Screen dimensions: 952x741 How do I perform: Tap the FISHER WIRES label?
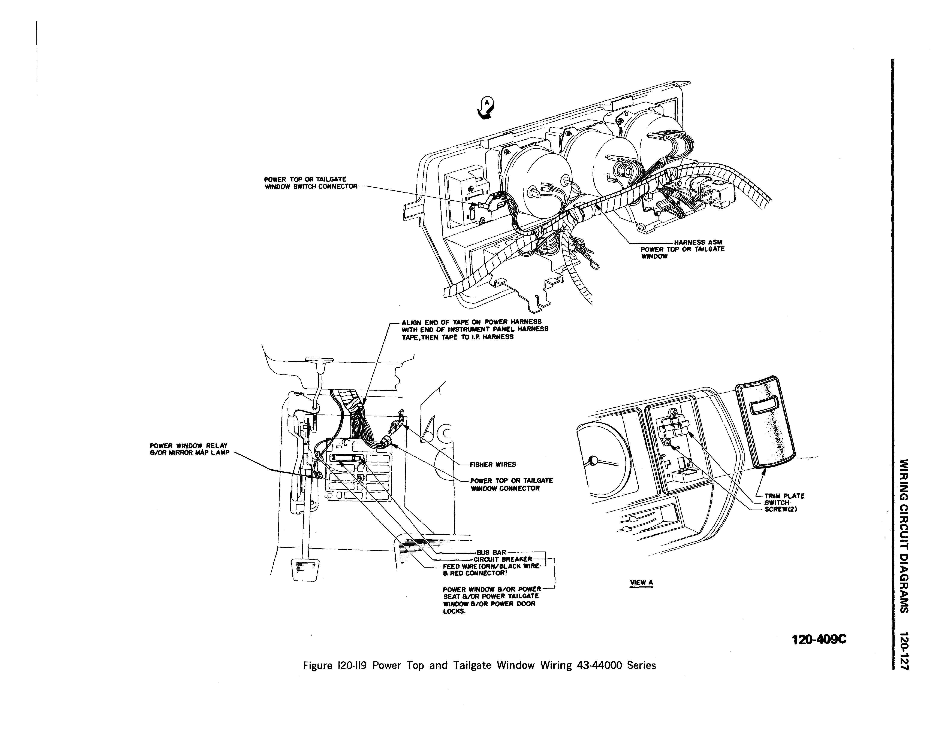(x=492, y=464)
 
